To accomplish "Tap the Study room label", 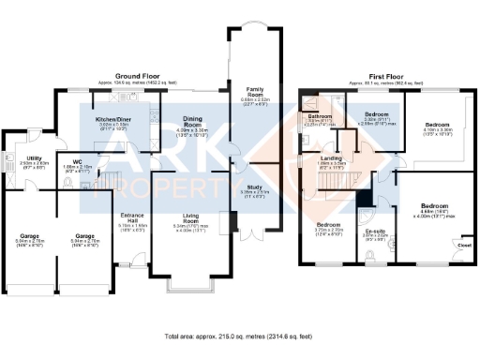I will (x=253, y=187).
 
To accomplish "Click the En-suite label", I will (x=375, y=231).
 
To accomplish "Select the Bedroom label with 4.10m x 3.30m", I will (x=439, y=124).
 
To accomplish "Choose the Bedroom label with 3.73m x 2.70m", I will (x=328, y=226).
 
